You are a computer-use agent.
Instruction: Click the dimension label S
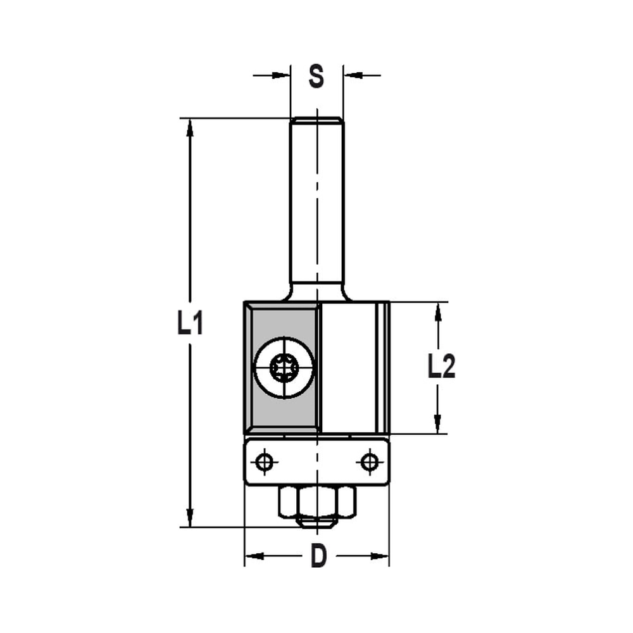316,76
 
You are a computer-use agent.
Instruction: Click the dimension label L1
189,324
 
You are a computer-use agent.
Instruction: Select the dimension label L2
441,367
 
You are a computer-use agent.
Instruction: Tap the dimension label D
318,556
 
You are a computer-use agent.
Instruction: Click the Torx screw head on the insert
284,367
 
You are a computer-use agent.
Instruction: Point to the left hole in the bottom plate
265,462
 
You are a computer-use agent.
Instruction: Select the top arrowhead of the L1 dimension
189,127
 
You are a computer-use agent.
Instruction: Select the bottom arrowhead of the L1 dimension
189,518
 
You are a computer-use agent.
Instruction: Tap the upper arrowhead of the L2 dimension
437,311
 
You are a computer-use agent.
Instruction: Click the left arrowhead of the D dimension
253,556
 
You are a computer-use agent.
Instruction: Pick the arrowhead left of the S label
282,75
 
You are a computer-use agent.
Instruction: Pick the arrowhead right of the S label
352,75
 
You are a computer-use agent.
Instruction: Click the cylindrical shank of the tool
316,203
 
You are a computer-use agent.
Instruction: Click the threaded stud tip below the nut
316,522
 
